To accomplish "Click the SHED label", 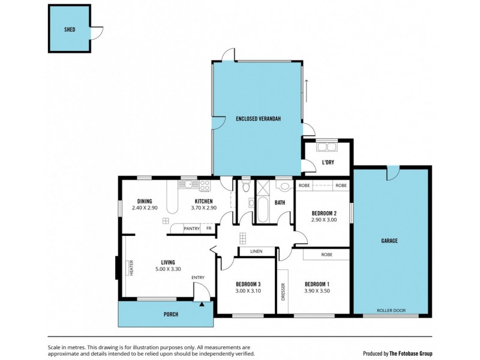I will [70, 29].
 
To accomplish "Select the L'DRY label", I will [328, 163].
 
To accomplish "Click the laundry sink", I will [328, 146].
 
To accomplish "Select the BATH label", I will [280, 203].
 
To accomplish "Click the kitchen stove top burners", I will [205, 185].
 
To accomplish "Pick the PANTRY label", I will [191, 229].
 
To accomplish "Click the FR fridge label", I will [209, 229].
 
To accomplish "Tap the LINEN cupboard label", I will [257, 251].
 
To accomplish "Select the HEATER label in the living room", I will [130, 268].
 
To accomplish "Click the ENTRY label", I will [198, 277].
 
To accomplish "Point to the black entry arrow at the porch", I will [202, 304].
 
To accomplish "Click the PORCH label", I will [171, 314].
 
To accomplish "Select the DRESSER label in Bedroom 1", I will [283, 292].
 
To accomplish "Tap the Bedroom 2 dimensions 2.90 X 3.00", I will [324, 220].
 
